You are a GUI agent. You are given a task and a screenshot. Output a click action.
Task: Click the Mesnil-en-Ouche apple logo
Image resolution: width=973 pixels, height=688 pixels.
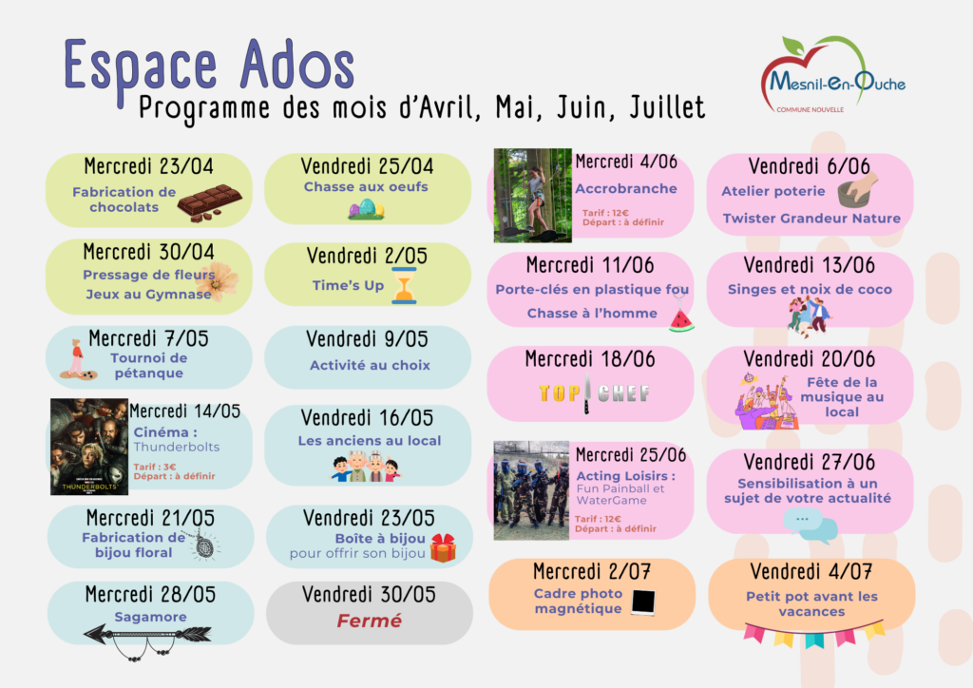[x=832, y=74]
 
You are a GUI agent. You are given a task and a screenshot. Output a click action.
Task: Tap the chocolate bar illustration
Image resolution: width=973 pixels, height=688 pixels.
[x=209, y=202]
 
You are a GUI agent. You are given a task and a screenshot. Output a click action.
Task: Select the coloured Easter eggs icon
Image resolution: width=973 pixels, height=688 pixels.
[x=366, y=208]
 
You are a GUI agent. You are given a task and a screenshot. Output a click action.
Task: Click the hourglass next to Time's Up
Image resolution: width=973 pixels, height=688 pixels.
[x=404, y=285]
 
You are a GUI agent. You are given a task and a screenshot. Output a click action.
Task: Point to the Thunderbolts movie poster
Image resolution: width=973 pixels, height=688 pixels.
[x=89, y=447]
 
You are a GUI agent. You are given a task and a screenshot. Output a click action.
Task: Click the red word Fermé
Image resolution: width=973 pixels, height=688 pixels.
[x=370, y=621]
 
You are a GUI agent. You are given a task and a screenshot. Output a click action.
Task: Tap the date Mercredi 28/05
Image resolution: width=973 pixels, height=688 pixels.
[x=150, y=594]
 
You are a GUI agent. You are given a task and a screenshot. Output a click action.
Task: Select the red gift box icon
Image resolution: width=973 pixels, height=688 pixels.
[x=443, y=547]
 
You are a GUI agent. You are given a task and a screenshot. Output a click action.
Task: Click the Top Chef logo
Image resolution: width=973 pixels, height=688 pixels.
[x=594, y=392]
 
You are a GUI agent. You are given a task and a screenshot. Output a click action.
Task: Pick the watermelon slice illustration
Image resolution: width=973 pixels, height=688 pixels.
[x=681, y=320]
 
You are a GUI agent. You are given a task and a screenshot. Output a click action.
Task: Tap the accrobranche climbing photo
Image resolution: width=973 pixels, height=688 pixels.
[x=532, y=195]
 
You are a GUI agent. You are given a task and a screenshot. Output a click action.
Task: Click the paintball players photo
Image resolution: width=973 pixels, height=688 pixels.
[x=531, y=490]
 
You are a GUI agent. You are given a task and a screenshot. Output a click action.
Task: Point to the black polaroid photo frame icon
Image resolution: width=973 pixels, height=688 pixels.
[x=643, y=602]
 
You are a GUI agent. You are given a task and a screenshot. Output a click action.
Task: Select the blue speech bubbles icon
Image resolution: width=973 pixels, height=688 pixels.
[x=810, y=525]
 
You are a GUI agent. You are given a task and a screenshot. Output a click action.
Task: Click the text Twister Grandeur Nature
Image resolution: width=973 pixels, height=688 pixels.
[x=811, y=219]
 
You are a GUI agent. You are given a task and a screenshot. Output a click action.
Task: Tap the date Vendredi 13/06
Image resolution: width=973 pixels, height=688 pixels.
[x=810, y=265]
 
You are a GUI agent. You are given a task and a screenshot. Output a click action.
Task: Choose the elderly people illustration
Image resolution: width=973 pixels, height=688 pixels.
[x=366, y=468]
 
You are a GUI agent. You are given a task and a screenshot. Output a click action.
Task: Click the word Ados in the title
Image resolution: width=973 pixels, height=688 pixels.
[x=297, y=66]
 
